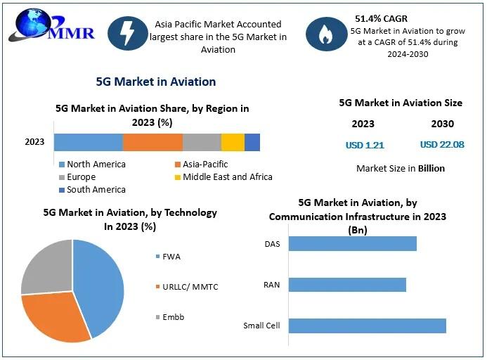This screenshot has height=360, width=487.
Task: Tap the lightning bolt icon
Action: tap(129, 34)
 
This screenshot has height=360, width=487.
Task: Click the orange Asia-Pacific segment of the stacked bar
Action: tap(152, 142)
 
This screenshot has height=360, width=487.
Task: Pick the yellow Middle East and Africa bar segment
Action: tap(233, 142)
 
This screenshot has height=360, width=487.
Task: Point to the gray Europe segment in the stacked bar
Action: tap(202, 142)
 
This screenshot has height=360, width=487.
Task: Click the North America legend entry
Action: tap(92, 165)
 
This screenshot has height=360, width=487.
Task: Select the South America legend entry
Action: tap(92, 190)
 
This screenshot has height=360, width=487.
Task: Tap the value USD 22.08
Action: tap(442, 145)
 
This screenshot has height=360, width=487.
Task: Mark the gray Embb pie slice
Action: tap(46, 267)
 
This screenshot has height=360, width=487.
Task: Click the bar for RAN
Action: tap(347, 285)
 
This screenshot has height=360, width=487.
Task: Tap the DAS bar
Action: tap(352, 243)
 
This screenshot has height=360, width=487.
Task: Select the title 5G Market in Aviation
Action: tap(156, 82)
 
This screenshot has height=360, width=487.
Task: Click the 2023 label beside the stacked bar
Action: tap(34, 142)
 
